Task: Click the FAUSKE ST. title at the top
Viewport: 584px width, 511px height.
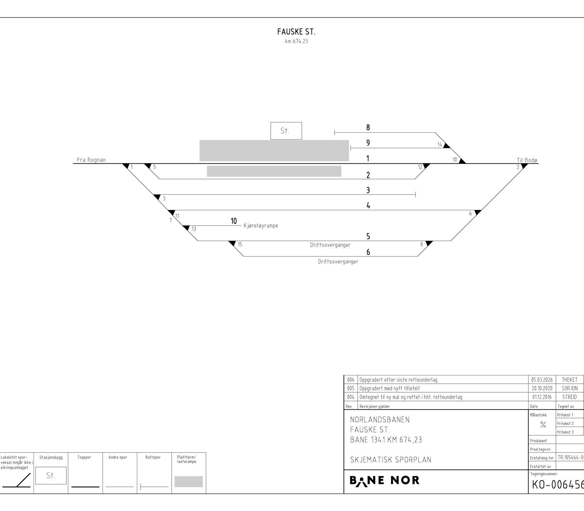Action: pos(296,32)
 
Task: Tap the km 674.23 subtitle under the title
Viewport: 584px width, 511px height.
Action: pos(296,41)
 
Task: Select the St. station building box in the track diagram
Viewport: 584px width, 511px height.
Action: pos(286,131)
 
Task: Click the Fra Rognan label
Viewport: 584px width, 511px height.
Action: pos(91,160)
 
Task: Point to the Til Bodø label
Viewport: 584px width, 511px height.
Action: pos(527,160)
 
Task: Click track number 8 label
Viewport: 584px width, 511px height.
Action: pos(368,128)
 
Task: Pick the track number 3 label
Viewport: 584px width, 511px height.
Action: pos(368,190)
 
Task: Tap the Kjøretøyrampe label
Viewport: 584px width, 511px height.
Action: pos(261,226)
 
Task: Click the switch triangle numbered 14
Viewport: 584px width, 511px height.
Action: pos(447,145)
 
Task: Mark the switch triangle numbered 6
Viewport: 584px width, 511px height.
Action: pos(477,212)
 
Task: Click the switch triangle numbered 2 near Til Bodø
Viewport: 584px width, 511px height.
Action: pos(524,166)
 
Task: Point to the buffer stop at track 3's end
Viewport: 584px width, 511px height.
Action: pos(415,195)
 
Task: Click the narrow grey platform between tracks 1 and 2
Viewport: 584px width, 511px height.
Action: pos(274,171)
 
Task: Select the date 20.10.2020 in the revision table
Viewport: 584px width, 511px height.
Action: pos(542,389)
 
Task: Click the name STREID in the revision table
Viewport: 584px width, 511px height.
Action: pos(569,397)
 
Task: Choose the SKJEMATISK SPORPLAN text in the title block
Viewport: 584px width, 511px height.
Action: pos(391,460)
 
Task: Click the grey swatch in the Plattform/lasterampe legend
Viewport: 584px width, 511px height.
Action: pos(189,481)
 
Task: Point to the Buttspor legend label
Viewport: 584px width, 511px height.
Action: pos(153,457)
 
